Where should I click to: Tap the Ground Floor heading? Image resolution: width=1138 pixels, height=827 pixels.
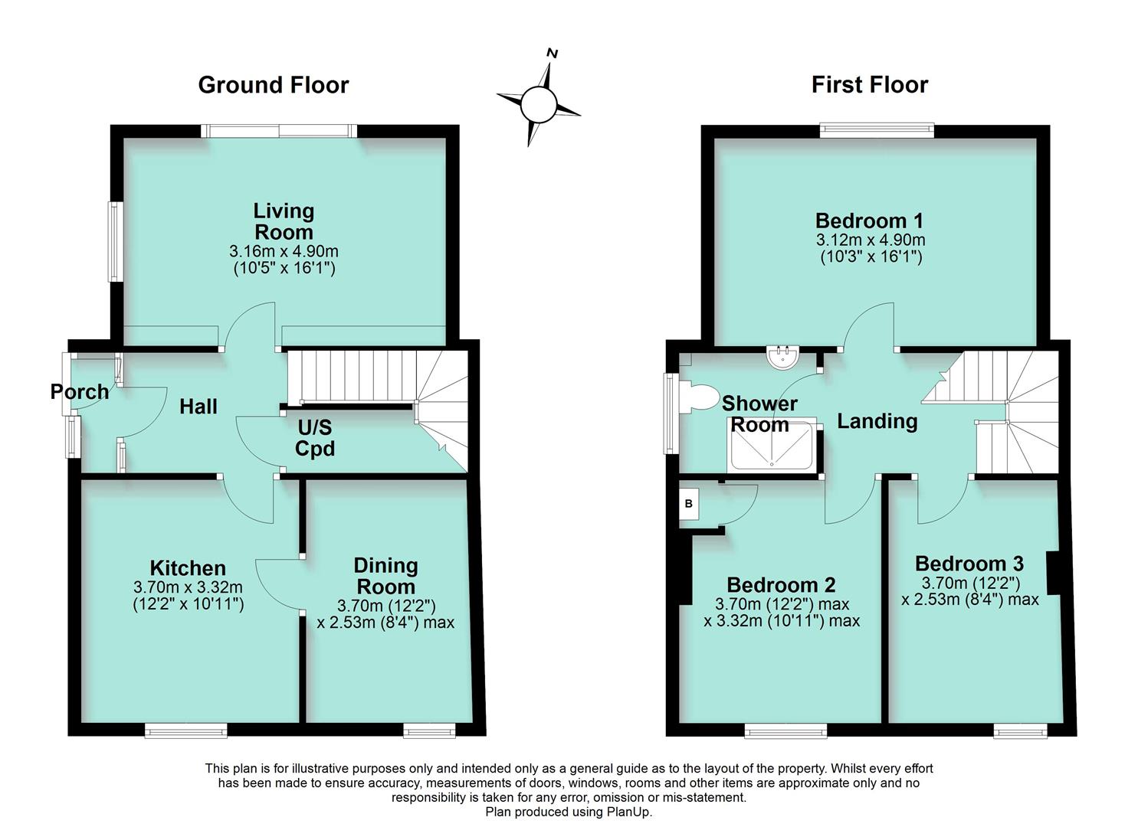[273, 85]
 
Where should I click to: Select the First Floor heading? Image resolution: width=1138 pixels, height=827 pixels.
[869, 85]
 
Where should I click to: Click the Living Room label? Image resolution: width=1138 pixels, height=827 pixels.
[284, 221]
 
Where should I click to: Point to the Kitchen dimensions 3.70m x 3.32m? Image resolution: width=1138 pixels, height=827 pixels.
[188, 588]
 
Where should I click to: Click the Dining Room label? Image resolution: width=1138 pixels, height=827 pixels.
[385, 576]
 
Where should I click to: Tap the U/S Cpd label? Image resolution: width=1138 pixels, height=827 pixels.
[314, 438]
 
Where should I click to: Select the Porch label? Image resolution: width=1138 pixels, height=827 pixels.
[79, 392]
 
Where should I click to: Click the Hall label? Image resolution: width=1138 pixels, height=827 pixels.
[198, 407]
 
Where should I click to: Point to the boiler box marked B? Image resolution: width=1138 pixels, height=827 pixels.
[689, 504]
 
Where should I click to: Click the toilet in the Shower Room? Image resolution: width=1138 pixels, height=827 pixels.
[700, 397]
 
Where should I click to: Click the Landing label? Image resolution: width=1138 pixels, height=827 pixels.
[877, 421]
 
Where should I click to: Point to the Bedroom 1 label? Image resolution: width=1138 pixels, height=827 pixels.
[869, 221]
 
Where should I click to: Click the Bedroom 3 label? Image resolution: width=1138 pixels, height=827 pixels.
[969, 564]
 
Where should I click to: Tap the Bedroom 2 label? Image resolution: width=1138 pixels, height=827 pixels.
[780, 585]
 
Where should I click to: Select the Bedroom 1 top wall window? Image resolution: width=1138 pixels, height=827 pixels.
[877, 130]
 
